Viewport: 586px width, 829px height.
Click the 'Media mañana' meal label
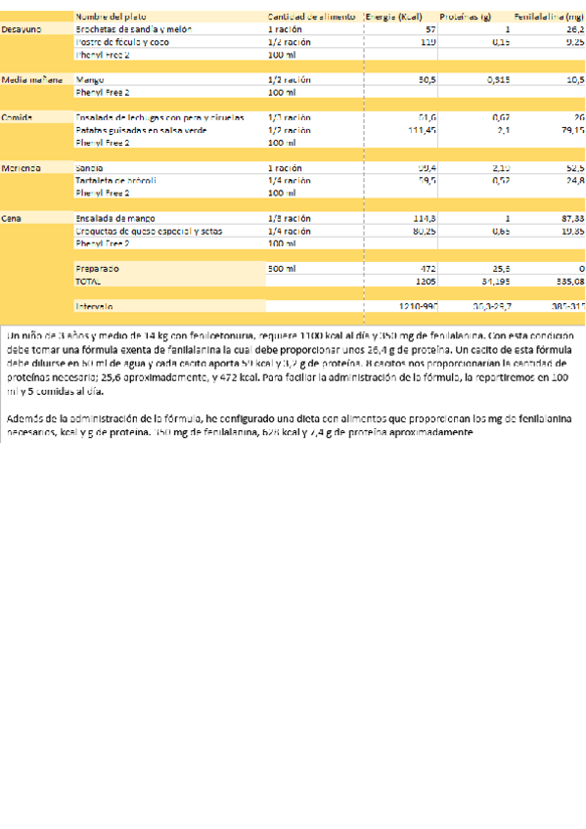[31, 79]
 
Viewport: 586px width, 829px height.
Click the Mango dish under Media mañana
[89, 79]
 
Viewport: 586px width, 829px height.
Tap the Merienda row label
[21, 168]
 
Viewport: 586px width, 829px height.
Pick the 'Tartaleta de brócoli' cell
[115, 181]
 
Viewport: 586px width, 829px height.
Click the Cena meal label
[12, 218]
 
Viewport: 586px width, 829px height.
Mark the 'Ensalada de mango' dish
[116, 218]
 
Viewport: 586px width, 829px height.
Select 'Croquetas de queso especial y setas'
[148, 231]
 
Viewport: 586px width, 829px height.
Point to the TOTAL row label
[88, 281]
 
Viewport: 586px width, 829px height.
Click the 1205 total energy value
[426, 281]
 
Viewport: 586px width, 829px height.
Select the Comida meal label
[17, 117]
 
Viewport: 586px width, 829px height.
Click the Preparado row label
[97, 268]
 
